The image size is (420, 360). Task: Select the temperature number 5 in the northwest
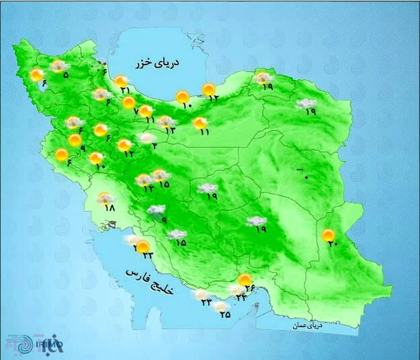click(x=65, y=75)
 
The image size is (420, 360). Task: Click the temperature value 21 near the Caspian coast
click(x=125, y=90)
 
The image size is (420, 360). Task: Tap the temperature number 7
click(x=136, y=112)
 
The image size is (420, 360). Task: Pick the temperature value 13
click(x=169, y=130)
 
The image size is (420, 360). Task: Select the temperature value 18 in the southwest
click(x=110, y=207)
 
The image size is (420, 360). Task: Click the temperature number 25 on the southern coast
click(x=225, y=315)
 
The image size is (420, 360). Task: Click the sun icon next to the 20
click(x=328, y=235)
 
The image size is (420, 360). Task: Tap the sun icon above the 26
click(x=245, y=280)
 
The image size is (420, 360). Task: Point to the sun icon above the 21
click(x=121, y=82)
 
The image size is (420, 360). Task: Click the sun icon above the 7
click(x=128, y=103)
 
